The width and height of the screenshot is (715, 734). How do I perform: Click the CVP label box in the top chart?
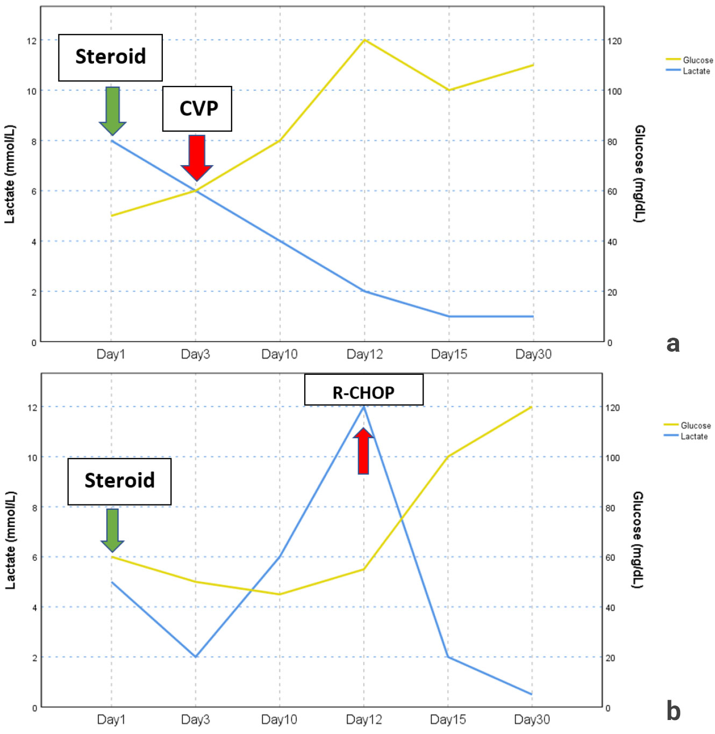coord(197,109)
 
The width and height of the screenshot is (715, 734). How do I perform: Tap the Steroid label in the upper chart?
coord(110,57)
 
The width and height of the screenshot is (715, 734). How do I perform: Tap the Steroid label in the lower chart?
coord(119,481)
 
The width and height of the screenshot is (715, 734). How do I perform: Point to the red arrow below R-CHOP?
coord(363,451)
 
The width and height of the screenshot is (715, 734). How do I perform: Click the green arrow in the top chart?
coord(112,111)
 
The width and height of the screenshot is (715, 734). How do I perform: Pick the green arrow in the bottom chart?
coord(112,530)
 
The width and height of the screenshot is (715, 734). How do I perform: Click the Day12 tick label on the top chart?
coord(364,354)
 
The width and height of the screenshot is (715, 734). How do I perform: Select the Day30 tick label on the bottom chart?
coord(532,719)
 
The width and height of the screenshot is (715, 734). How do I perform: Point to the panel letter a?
coord(673,343)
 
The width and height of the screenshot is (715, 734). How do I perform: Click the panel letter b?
coord(673,711)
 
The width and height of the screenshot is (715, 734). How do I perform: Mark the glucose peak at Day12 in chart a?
coord(364,40)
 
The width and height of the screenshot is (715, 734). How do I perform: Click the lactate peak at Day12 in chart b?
coord(364,407)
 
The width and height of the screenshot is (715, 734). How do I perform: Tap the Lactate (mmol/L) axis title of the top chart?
coord(10,174)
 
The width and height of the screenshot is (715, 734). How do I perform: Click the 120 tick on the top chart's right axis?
coord(614,41)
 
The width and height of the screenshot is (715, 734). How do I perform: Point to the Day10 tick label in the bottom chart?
coord(279,719)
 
